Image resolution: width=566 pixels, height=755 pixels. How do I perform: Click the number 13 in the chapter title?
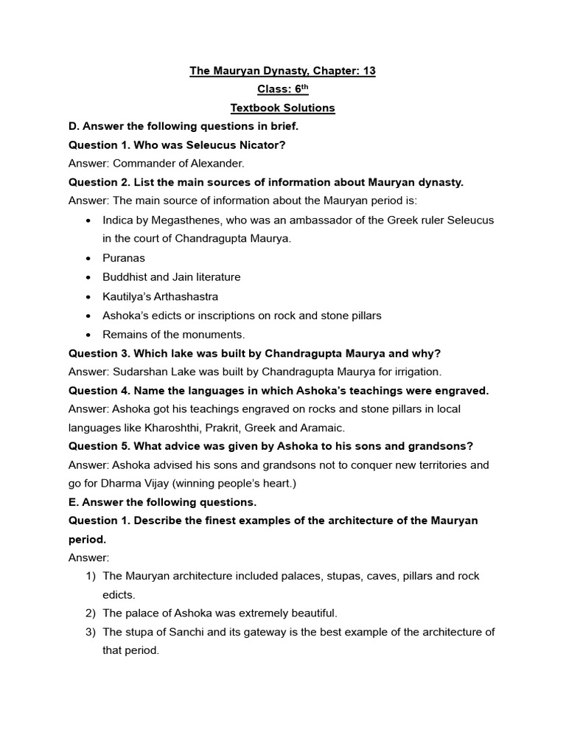click(x=368, y=71)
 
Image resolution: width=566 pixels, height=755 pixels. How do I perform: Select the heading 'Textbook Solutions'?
click(x=283, y=108)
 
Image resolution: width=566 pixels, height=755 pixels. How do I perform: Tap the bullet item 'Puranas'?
click(x=124, y=258)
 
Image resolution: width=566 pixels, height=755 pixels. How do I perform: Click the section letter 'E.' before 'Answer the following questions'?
click(x=74, y=502)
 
